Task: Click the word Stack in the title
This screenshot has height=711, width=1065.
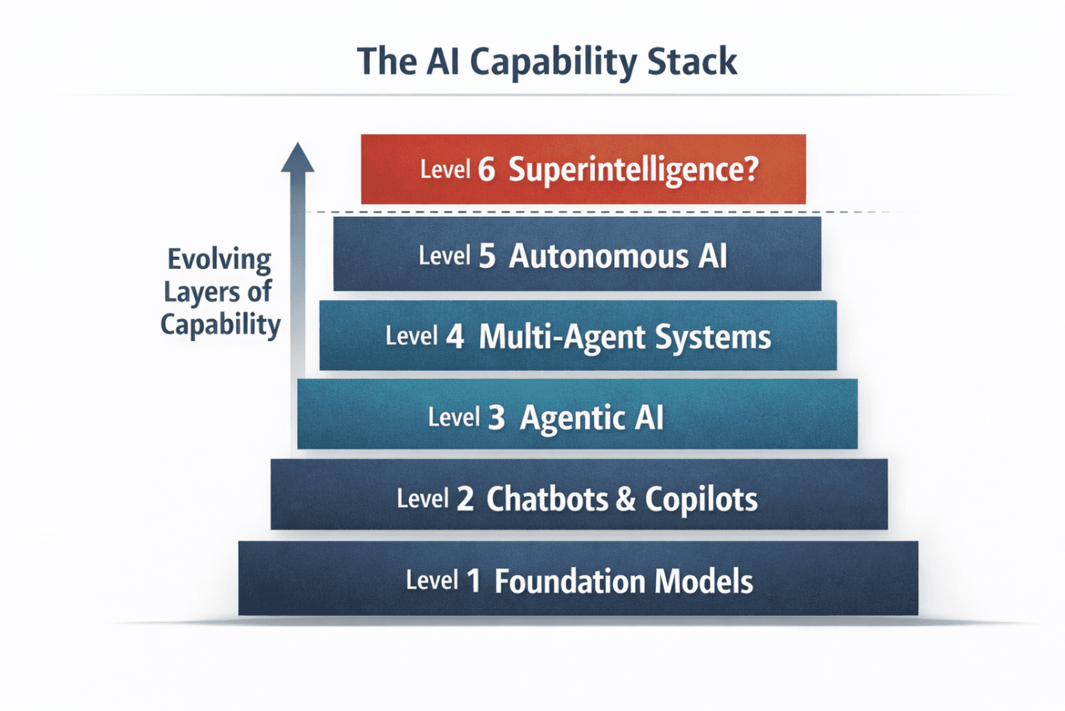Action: [692, 62]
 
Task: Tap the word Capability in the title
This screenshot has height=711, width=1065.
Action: [554, 64]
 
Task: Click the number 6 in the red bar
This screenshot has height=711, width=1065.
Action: [486, 170]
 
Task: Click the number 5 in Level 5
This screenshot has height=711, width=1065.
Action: [487, 256]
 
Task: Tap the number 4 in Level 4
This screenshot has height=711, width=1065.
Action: [455, 337]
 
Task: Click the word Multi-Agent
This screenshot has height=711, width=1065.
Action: [563, 338]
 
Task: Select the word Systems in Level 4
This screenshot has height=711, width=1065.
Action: [714, 338]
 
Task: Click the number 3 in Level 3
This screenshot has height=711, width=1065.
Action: [496, 418]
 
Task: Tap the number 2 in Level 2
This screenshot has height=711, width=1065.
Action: [465, 499]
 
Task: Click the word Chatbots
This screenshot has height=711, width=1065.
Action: [547, 499]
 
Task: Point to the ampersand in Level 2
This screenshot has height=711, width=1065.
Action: [625, 499]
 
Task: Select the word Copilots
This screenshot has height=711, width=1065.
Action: [701, 500]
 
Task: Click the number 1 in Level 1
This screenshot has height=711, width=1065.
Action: [473, 581]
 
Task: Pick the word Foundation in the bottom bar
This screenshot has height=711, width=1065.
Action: [570, 581]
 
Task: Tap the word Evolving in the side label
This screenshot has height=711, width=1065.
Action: [219, 260]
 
